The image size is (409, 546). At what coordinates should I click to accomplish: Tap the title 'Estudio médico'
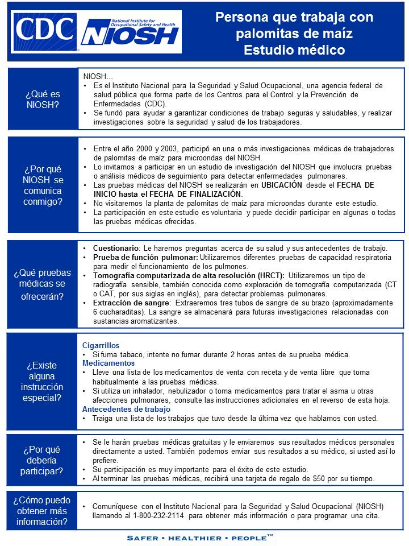(294, 50)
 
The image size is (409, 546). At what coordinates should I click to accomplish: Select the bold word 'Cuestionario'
(116, 249)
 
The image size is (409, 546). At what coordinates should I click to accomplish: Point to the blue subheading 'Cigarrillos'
(101, 345)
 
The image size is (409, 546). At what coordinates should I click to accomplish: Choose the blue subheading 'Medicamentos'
(108, 363)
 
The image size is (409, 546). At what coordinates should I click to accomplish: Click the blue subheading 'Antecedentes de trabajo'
(127, 409)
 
